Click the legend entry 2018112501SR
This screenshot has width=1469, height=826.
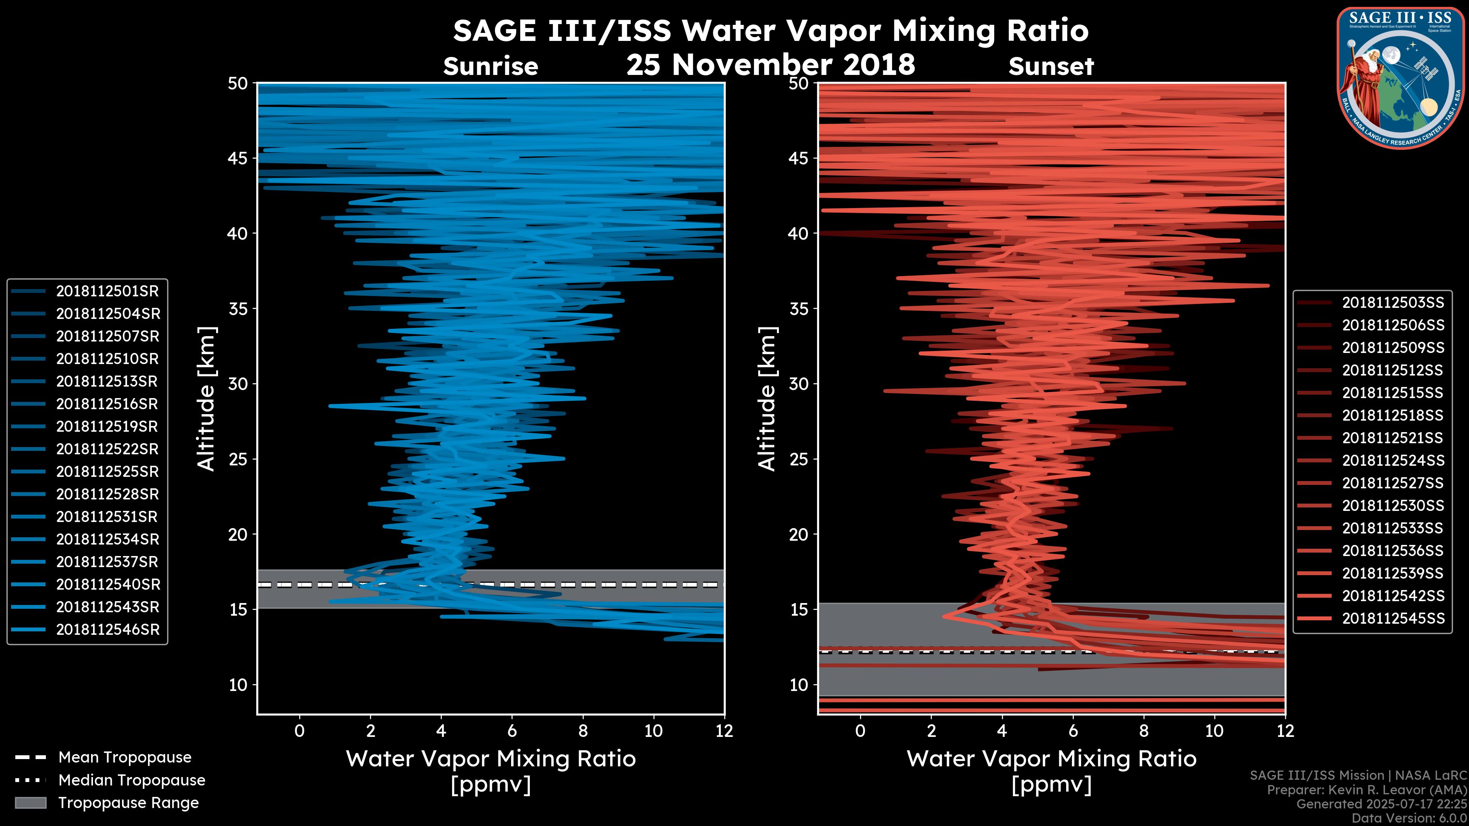107,291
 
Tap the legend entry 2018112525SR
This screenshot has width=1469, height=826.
107,472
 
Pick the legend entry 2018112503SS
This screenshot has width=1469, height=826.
1392,303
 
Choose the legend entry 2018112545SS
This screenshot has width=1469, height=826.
1392,618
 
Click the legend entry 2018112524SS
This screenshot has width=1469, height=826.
1392,460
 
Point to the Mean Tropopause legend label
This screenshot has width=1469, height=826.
125,758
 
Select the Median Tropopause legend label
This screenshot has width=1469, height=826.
132,780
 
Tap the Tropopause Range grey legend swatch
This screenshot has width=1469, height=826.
31,803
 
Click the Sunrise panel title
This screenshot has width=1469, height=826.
490,67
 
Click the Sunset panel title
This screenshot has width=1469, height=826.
1051,67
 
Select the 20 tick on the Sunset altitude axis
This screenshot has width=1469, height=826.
799,535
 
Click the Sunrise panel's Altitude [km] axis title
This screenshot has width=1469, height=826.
207,399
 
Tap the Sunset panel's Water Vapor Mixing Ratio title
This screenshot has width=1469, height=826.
1051,759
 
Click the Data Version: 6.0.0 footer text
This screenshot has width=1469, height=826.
1410,819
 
